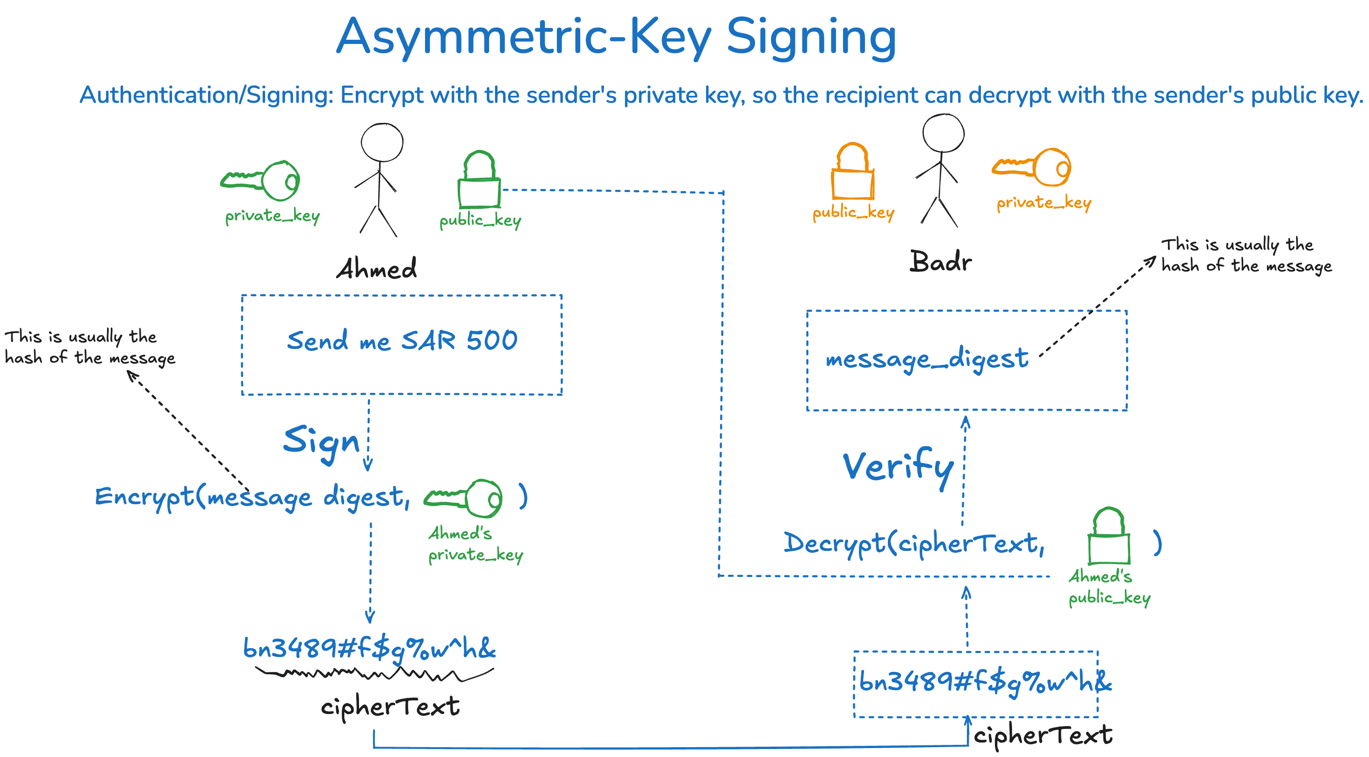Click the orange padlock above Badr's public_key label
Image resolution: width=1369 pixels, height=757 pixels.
(x=852, y=172)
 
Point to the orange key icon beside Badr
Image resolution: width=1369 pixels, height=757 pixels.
(x=1032, y=167)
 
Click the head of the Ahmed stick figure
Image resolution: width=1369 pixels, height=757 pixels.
(x=382, y=143)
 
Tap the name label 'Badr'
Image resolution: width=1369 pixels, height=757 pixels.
(x=941, y=261)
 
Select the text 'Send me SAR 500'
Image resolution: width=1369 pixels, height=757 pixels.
(x=402, y=341)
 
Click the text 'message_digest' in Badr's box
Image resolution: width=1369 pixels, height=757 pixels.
(x=927, y=359)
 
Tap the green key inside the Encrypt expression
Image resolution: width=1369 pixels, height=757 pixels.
(x=463, y=498)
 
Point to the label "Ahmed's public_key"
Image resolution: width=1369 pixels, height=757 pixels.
(x=1109, y=587)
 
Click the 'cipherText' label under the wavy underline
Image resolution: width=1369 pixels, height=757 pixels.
(x=390, y=707)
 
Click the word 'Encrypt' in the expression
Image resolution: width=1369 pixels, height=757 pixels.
(x=144, y=497)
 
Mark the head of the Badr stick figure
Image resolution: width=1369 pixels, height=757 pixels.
(x=944, y=133)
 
